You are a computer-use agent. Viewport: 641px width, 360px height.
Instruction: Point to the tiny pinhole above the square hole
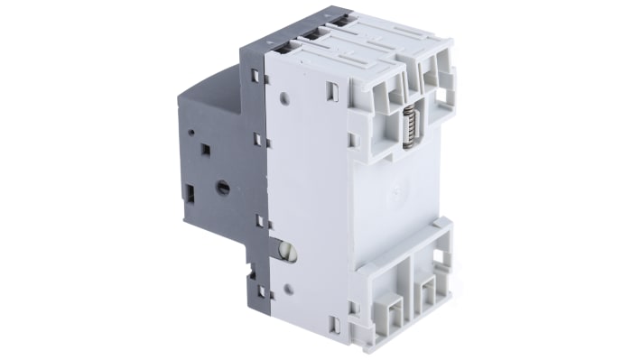[193, 132]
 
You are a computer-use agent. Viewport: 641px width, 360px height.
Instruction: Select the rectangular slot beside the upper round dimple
[333, 89]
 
